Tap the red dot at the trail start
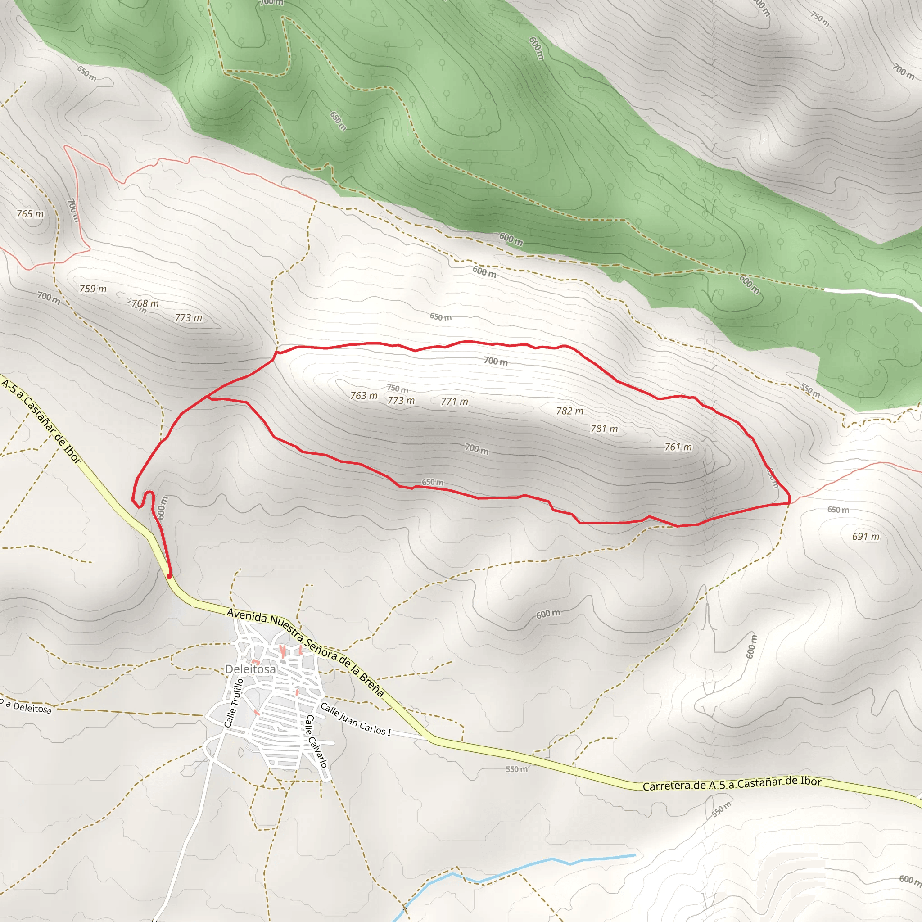pyautogui.click(x=169, y=576)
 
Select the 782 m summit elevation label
pyautogui.click(x=569, y=411)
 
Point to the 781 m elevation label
pyautogui.click(x=604, y=429)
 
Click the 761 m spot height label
pyautogui.click(x=678, y=447)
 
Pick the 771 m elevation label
pyautogui.click(x=454, y=402)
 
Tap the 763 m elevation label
pyautogui.click(x=364, y=396)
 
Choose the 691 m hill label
pyautogui.click(x=865, y=537)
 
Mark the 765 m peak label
pyautogui.click(x=30, y=214)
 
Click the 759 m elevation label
pyautogui.click(x=93, y=289)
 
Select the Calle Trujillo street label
pyautogui.click(x=234, y=703)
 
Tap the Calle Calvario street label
pyautogui.click(x=316, y=741)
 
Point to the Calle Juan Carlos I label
pyautogui.click(x=355, y=719)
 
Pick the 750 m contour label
pyautogui.click(x=397, y=389)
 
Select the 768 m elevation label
pyautogui.click(x=145, y=303)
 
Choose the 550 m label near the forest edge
pyautogui.click(x=810, y=390)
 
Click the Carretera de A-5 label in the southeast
pyautogui.click(x=732, y=784)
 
